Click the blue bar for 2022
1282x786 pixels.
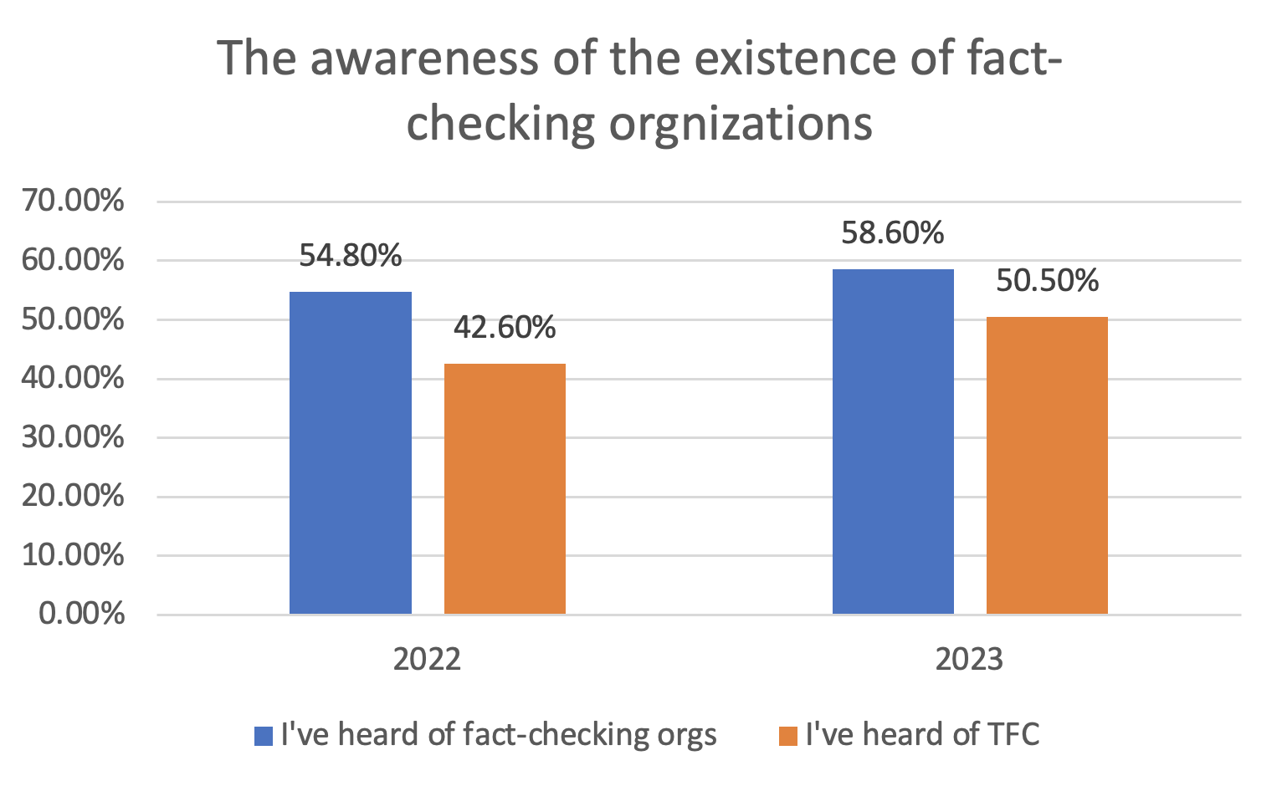coord(351,452)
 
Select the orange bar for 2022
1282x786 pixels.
coord(505,488)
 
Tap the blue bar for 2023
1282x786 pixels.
coord(893,441)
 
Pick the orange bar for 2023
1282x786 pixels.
coord(1047,465)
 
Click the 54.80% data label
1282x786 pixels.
coord(351,256)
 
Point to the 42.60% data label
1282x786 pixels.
coord(505,328)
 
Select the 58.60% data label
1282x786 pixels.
coord(893,232)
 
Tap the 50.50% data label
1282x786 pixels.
coord(1047,281)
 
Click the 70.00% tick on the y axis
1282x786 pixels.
coord(73,202)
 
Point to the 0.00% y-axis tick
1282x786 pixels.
coord(82,614)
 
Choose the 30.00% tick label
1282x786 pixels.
coord(73,437)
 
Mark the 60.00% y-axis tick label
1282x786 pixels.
coord(73,261)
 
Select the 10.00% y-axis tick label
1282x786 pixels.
coord(73,555)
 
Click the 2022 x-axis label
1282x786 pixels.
coord(427,660)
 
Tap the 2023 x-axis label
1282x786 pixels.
coord(969,660)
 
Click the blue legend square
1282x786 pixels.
coord(264,736)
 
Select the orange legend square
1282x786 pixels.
coord(787,736)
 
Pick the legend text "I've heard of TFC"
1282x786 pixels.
coord(922,734)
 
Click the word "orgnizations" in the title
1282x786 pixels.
coord(741,124)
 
